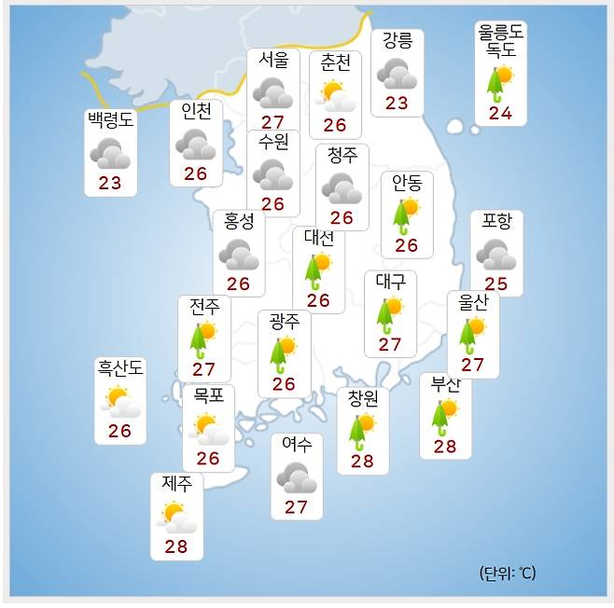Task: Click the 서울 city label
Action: pos(273,61)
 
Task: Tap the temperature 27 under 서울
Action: pos(272,122)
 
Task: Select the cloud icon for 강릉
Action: pos(398,74)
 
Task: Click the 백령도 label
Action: pos(110,121)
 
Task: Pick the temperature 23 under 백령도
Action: pos(110,183)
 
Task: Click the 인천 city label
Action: pos(196,112)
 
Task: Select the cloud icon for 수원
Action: pos(272,174)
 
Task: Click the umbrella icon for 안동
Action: pos(406,215)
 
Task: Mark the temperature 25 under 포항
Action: pos(495,283)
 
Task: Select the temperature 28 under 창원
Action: pos(362,462)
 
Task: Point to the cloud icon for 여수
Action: pos(297,478)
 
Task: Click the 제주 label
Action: pos(176,484)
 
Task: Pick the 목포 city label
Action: pos(208,395)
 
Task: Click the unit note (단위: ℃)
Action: pos(508,573)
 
